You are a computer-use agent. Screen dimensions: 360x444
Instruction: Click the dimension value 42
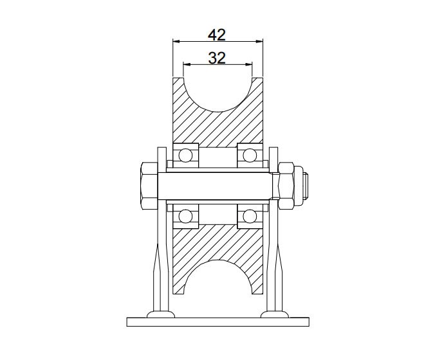[217, 33]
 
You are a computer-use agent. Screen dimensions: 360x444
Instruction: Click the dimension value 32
[217, 57]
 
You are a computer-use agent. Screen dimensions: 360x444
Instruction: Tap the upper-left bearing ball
[185, 156]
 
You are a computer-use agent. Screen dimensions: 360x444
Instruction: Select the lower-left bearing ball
[185, 217]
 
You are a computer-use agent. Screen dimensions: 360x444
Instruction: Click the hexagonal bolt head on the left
[147, 186]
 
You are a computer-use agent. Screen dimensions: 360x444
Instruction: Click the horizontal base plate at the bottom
[217, 321]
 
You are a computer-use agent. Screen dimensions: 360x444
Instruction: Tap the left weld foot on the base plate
[160, 314]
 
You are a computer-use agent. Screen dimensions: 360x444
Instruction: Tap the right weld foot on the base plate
[274, 314]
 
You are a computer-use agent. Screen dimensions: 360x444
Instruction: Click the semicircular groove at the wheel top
[217, 90]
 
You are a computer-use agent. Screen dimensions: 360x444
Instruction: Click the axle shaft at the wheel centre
[217, 186]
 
